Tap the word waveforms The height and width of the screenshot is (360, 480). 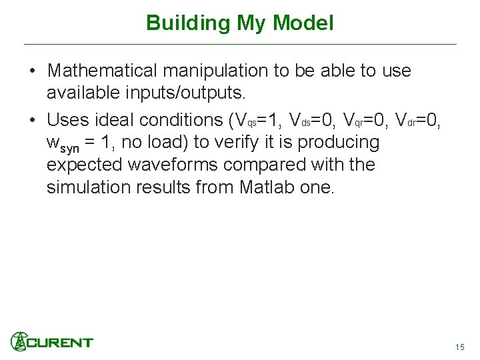click(162, 164)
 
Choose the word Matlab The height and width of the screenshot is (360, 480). click(267, 187)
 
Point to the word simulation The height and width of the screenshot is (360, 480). click(88, 187)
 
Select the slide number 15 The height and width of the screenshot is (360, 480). click(459, 347)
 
